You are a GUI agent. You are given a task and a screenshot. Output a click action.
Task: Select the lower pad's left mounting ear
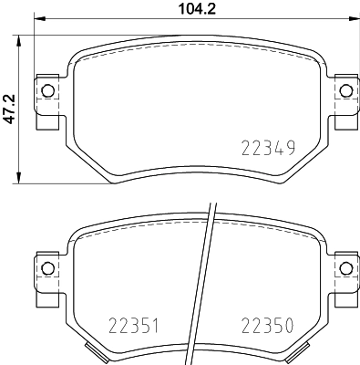pos(46,276)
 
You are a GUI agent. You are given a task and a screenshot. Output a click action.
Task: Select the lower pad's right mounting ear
pos(345,276)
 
